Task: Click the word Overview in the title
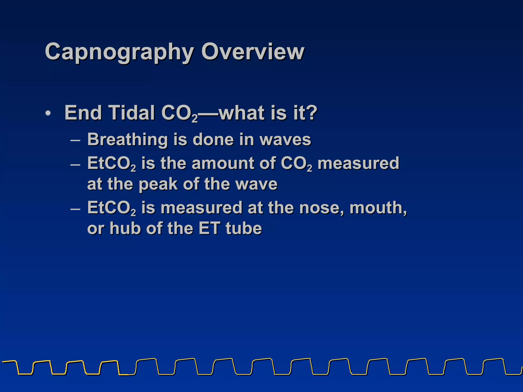[253, 52]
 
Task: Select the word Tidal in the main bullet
[132, 113]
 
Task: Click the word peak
[158, 184]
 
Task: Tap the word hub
[125, 228]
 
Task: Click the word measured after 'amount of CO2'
[358, 163]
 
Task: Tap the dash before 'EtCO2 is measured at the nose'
[75, 209]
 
